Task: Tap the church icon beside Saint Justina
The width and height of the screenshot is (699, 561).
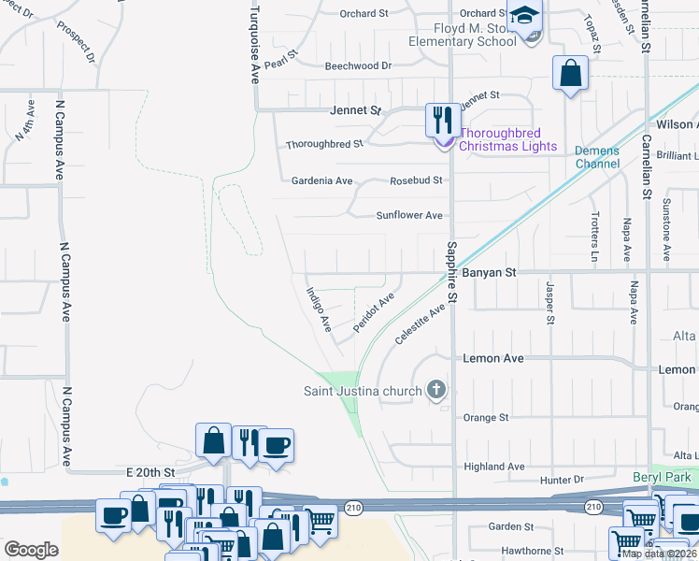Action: (x=435, y=389)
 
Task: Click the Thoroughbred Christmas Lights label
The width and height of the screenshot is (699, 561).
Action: (x=507, y=139)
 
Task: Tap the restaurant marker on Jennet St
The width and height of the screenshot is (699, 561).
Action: (x=442, y=120)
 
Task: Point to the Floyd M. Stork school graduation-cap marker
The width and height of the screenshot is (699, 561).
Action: (x=525, y=16)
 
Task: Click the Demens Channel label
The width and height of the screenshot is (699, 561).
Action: (x=597, y=157)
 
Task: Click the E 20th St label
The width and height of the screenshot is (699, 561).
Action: (x=150, y=473)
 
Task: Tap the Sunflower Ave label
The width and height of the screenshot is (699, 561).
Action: (x=408, y=215)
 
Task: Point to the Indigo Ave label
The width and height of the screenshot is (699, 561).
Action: (x=319, y=309)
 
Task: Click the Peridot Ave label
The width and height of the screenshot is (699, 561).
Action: (x=374, y=312)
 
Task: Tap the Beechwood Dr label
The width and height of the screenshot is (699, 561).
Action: (x=358, y=66)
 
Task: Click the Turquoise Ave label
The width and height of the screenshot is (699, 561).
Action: (x=253, y=42)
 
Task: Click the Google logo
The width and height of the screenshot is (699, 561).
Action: (x=31, y=550)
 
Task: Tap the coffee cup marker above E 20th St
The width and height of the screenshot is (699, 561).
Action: (x=276, y=445)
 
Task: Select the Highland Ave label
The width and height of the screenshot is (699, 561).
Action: (x=494, y=467)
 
